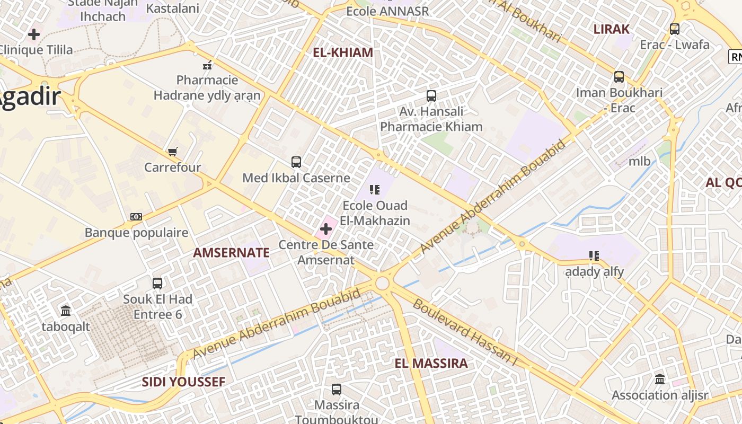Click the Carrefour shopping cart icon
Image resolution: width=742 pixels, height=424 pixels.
172,152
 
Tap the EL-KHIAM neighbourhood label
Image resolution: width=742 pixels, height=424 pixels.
343,52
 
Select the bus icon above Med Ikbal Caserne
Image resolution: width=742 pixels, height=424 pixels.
296,162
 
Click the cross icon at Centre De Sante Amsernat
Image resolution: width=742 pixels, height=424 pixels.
326,229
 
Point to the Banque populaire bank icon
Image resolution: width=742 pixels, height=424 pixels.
136,217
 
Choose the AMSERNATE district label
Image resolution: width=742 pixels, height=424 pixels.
231,253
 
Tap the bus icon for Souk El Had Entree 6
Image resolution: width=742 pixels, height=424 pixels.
157,284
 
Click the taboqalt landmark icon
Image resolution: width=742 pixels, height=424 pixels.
66,311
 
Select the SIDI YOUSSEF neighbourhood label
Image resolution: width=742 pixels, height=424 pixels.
183,382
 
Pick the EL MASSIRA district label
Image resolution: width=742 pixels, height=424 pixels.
431,363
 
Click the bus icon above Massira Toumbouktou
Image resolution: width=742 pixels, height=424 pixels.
337,390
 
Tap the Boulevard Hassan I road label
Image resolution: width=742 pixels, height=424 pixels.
464,332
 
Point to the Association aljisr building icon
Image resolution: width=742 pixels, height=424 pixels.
660,379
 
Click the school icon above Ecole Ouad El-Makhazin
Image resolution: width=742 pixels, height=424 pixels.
375,189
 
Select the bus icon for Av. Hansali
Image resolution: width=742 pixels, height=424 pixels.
431,96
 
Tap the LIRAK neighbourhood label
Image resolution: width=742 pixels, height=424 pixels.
611,29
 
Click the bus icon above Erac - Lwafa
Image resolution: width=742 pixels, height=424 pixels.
675,29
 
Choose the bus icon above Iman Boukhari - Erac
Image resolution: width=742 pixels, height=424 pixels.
619,77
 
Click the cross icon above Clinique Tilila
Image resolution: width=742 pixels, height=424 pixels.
34,34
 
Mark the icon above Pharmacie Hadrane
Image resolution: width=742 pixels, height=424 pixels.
207,65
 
